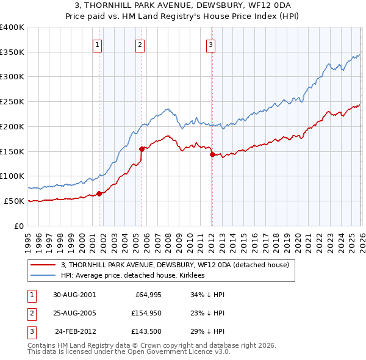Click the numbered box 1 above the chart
[x=98, y=44]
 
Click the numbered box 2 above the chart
[x=140, y=44]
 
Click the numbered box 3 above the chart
[x=210, y=44]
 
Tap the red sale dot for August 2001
[x=99, y=193]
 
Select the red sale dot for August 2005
[x=142, y=148]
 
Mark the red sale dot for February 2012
[x=212, y=154]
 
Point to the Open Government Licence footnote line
[x=129, y=352]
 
